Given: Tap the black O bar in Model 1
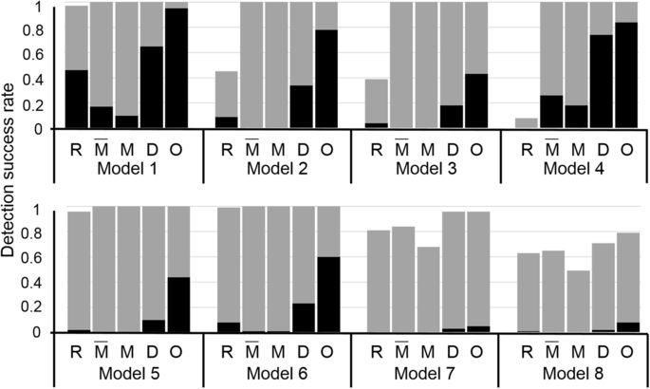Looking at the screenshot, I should tap(176, 68).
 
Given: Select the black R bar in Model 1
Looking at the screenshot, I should tap(77, 99).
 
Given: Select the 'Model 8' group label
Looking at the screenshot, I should tap(575, 373).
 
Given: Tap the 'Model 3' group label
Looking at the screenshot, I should tap(426, 168).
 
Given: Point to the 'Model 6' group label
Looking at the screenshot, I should tap(276, 373).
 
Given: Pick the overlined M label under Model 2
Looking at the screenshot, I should tap(251, 148).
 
